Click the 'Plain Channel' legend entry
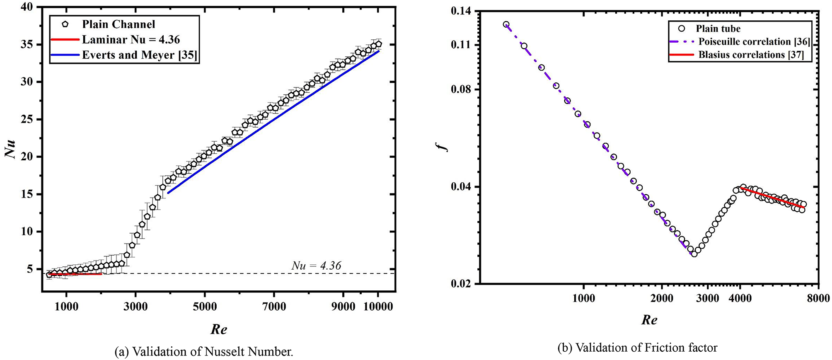(x=119, y=24)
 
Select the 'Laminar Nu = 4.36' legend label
(x=131, y=40)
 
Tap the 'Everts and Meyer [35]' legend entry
(x=139, y=55)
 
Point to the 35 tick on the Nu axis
(x=29, y=45)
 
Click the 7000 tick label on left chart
(x=274, y=307)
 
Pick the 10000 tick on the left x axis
(x=377, y=307)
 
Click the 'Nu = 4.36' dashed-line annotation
(x=316, y=266)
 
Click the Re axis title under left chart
(x=219, y=329)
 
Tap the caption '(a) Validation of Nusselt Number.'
(x=203, y=352)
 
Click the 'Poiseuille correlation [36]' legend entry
(x=754, y=42)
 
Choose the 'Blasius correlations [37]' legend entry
(x=751, y=55)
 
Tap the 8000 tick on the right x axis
(x=818, y=298)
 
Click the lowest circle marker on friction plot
(x=694, y=254)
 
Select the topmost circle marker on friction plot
(x=506, y=24)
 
